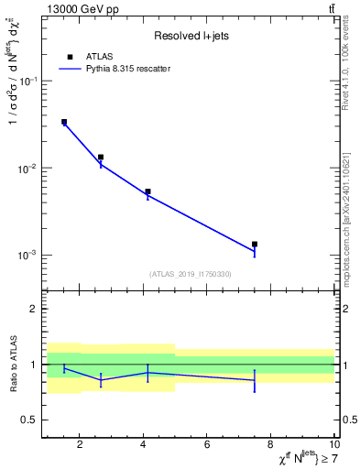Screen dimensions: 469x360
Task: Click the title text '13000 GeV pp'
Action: [79, 8]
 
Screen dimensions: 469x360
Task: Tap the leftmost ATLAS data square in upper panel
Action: [64, 122]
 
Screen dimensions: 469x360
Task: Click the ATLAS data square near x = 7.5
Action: [255, 245]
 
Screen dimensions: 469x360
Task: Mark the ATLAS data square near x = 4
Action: [147, 192]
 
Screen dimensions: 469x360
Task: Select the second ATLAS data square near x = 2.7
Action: [101, 158]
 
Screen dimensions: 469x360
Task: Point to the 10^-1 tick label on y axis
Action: [30, 82]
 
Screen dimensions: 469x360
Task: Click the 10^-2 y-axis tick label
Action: [30, 169]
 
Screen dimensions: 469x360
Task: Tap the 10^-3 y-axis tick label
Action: [30, 256]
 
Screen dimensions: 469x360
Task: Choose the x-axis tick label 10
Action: [333, 446]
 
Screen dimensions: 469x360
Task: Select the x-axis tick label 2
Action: [80, 446]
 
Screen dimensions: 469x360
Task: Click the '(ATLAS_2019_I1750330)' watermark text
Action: [191, 274]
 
